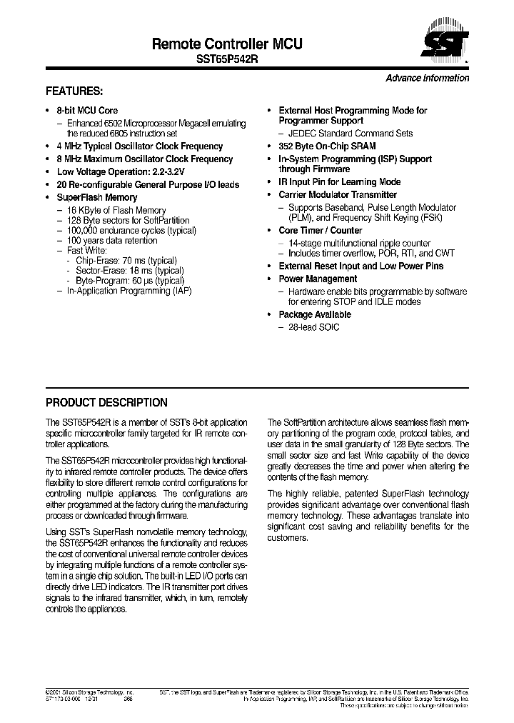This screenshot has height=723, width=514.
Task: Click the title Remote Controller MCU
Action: click(227, 44)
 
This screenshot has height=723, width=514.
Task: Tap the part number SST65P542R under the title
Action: click(227, 60)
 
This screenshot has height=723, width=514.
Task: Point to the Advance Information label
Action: click(427, 78)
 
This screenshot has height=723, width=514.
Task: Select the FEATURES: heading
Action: click(74, 91)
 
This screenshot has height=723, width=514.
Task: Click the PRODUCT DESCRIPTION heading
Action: click(106, 402)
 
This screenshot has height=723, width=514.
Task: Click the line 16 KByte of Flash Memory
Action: click(116, 211)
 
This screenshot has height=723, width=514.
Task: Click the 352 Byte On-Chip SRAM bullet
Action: click(327, 145)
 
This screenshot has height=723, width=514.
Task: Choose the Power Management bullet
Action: click(318, 279)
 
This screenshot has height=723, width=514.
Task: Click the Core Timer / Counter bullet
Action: click(320, 231)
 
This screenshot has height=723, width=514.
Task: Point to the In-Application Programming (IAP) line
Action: click(129, 291)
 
